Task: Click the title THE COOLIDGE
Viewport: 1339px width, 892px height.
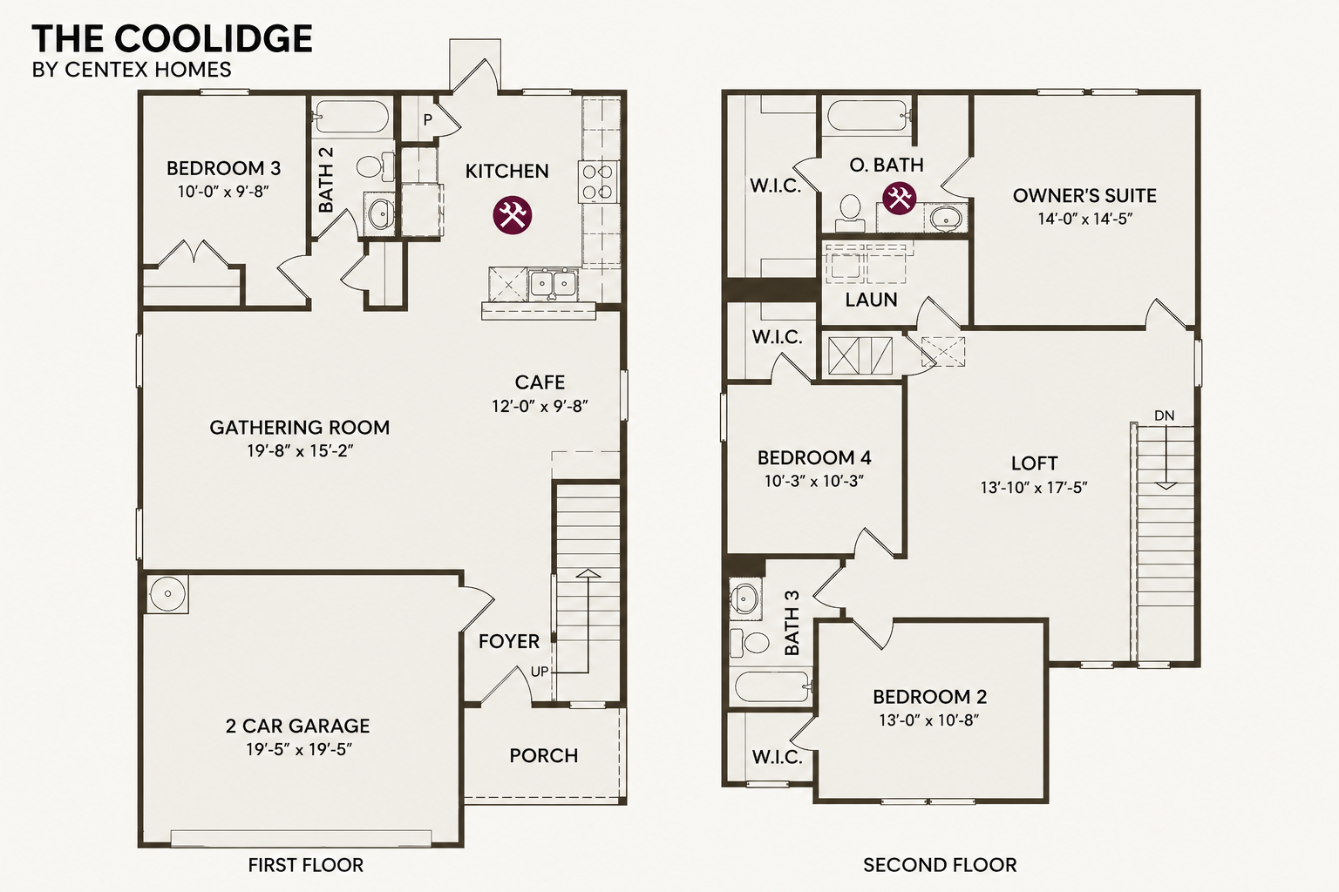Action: coord(172,38)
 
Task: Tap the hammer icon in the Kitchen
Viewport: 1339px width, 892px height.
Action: coord(513,215)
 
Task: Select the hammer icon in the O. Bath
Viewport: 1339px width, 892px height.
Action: coord(899,198)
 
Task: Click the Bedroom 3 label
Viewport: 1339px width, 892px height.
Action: coord(223,168)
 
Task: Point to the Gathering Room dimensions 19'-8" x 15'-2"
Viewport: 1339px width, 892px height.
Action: coord(300,450)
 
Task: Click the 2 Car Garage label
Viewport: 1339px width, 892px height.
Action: coord(297,726)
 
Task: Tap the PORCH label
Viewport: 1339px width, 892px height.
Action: coord(544,756)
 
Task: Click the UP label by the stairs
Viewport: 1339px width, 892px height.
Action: coord(540,672)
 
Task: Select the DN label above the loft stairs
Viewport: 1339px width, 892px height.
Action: coord(1165,416)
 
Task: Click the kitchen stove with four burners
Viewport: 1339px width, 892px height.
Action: coord(597,182)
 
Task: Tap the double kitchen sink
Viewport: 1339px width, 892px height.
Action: coord(553,284)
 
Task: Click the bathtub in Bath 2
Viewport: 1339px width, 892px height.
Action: coord(351,117)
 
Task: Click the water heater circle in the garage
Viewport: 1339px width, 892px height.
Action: coord(167,594)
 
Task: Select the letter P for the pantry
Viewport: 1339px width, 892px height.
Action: coord(427,120)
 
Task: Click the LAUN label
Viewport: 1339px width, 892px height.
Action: coord(872,300)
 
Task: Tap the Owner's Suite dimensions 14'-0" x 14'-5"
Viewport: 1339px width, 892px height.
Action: coord(1085,219)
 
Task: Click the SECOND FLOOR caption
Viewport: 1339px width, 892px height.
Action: coord(940,864)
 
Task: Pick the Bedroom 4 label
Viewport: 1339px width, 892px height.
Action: coord(814,457)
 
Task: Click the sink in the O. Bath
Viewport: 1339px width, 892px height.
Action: coord(945,218)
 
